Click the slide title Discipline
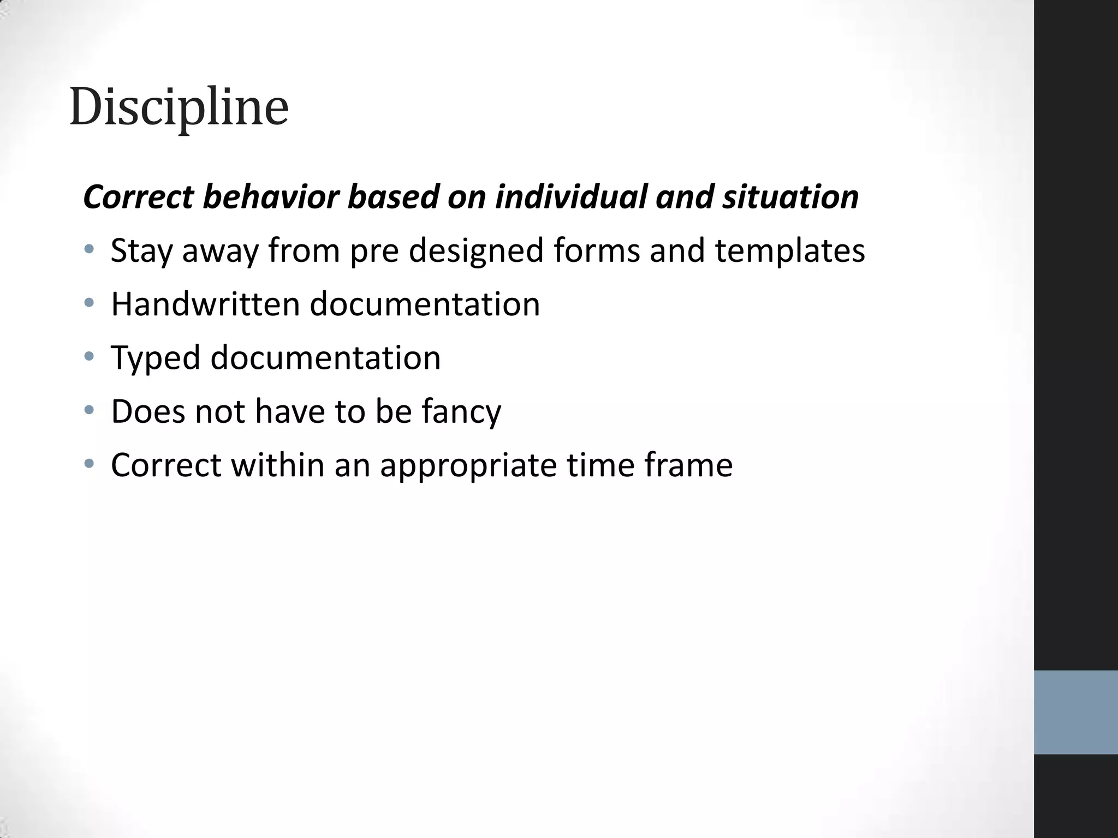179,107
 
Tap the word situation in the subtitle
790,197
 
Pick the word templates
789,251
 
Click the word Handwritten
205,304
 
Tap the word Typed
156,358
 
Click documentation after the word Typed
325,358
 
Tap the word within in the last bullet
277,465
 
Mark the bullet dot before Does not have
89,410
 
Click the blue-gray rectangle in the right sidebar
1075,712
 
